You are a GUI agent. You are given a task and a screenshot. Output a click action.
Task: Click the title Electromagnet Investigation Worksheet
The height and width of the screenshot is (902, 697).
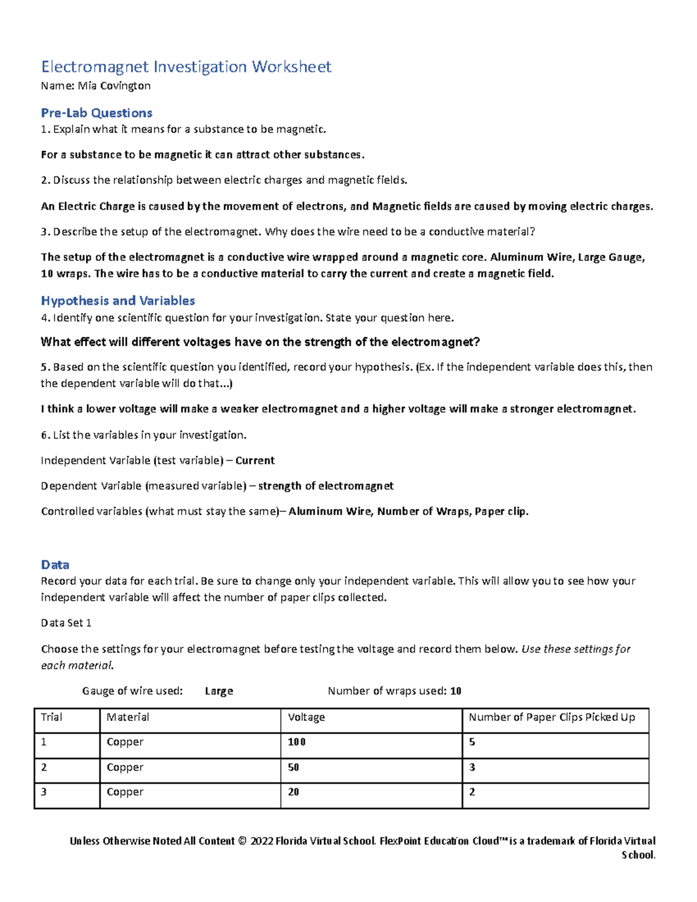tap(186, 67)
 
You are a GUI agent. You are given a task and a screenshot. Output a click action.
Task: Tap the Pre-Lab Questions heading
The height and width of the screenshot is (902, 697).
tap(96, 113)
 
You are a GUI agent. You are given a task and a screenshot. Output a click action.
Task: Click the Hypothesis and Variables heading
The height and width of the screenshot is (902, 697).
tap(118, 301)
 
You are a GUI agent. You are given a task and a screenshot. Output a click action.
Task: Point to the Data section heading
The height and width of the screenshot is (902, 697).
tap(55, 565)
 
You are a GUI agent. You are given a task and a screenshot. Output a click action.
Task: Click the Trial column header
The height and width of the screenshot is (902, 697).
tap(52, 717)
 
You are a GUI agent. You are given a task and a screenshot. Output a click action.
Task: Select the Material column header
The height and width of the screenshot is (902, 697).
tap(128, 717)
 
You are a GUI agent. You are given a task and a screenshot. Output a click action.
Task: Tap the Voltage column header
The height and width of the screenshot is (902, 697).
tap(306, 717)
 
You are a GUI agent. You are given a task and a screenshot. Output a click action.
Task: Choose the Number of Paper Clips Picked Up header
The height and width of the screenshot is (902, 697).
tap(552, 717)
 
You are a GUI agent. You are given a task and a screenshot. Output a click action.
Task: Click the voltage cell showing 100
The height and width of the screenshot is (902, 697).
tap(297, 742)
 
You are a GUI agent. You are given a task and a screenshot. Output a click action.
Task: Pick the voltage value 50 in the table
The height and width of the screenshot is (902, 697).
tap(294, 767)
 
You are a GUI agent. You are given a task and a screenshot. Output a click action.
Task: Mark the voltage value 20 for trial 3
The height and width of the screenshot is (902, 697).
tap(294, 792)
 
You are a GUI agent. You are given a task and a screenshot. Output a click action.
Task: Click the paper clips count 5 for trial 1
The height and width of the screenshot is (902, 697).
tap(472, 742)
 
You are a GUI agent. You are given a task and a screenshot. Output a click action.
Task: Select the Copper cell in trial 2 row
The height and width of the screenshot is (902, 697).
tap(125, 767)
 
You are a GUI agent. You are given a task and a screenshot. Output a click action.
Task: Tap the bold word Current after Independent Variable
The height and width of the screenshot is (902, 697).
tap(255, 461)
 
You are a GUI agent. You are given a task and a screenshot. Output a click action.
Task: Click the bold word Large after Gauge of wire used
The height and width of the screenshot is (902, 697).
tap(219, 691)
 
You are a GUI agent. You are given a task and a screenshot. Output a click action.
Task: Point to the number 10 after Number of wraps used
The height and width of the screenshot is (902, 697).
tap(456, 691)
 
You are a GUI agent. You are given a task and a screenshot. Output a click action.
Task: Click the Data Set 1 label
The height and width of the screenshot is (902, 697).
tap(66, 623)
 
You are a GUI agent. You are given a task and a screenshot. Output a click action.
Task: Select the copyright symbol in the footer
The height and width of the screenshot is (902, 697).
tap(242, 841)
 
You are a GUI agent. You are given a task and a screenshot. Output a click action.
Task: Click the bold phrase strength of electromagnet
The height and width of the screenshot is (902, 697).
tap(326, 486)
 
